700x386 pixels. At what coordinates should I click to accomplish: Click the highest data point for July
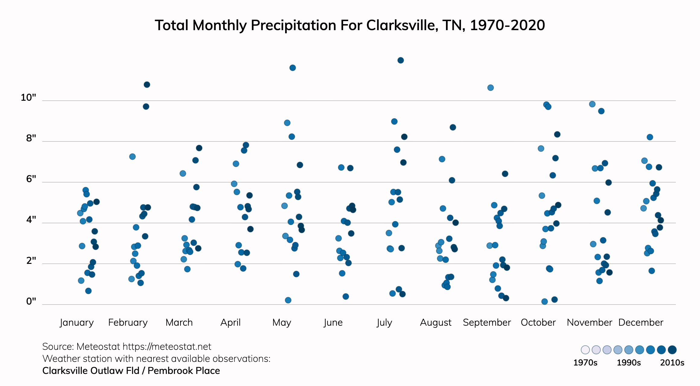(x=400, y=60)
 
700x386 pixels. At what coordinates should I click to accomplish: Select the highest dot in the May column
(x=292, y=68)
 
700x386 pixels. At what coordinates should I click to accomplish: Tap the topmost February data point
(x=147, y=85)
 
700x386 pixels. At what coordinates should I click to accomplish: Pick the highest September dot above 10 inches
(x=490, y=88)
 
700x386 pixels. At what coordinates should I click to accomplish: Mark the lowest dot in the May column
(x=288, y=300)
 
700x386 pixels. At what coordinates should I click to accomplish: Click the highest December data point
(x=650, y=137)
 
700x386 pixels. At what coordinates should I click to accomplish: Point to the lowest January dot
(x=88, y=291)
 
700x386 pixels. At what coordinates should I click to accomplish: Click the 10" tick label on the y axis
(x=28, y=97)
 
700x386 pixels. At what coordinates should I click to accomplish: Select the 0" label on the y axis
(x=31, y=301)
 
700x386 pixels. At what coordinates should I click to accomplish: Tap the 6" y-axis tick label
(x=31, y=179)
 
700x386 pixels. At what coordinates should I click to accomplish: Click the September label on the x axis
(x=487, y=322)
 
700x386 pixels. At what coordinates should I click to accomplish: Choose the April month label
(x=230, y=322)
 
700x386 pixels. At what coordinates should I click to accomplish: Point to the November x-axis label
(x=589, y=322)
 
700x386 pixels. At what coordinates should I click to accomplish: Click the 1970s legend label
(x=585, y=362)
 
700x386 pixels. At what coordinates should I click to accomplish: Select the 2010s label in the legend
(x=672, y=362)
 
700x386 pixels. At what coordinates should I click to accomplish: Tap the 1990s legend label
(x=628, y=362)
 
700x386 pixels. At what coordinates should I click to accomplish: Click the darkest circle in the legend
(x=672, y=350)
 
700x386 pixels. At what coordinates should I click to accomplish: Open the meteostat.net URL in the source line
(x=167, y=347)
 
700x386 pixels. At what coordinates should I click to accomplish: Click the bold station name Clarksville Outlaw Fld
(x=91, y=371)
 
